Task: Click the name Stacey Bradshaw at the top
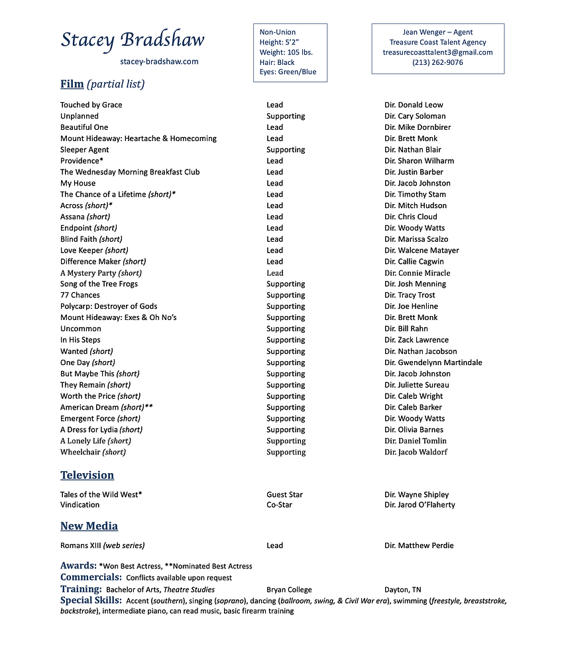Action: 133,40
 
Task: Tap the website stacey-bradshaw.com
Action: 159,62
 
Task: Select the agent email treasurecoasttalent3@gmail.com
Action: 437,52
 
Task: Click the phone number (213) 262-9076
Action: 437,62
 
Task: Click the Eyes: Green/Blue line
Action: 288,72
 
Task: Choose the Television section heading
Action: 87,475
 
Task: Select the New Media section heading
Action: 89,526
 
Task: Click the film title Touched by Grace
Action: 91,105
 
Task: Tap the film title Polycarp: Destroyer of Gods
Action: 109,306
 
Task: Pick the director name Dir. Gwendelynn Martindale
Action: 433,362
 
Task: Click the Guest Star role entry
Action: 284,494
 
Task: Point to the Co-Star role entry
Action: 279,505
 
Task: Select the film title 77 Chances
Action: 80,295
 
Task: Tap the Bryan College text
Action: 289,589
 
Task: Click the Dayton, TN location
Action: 402,589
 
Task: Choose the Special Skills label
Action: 91,600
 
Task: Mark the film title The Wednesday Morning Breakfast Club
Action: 130,172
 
